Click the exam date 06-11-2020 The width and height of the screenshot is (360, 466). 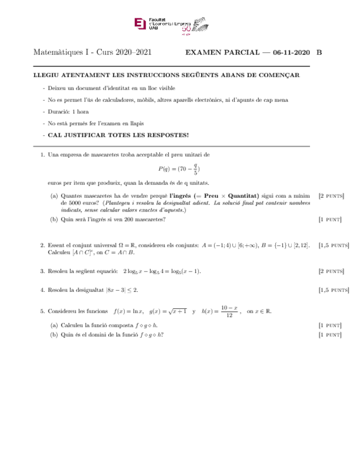tap(291, 53)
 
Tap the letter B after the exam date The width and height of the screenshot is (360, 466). tap(319, 53)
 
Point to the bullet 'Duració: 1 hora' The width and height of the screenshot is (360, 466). tap(68, 112)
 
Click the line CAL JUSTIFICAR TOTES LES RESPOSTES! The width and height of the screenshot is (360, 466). tap(118, 135)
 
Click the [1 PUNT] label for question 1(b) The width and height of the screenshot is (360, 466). tap(330, 220)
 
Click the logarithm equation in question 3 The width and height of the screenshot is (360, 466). tap(162, 271)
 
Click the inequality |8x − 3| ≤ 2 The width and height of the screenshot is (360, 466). tap(122, 290)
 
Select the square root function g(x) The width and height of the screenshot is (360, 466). tap(167, 311)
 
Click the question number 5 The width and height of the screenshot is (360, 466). tap(42, 312)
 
